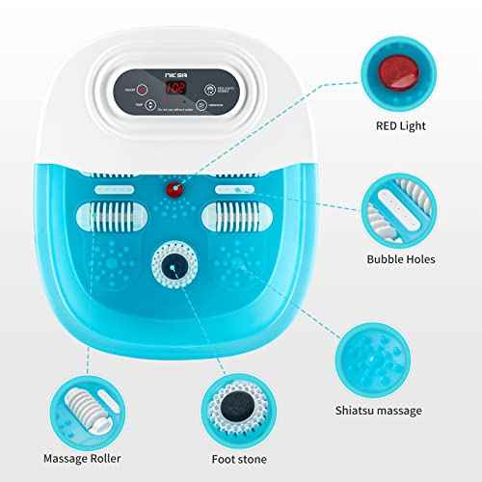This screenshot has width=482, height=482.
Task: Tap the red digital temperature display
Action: [x=176, y=88]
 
